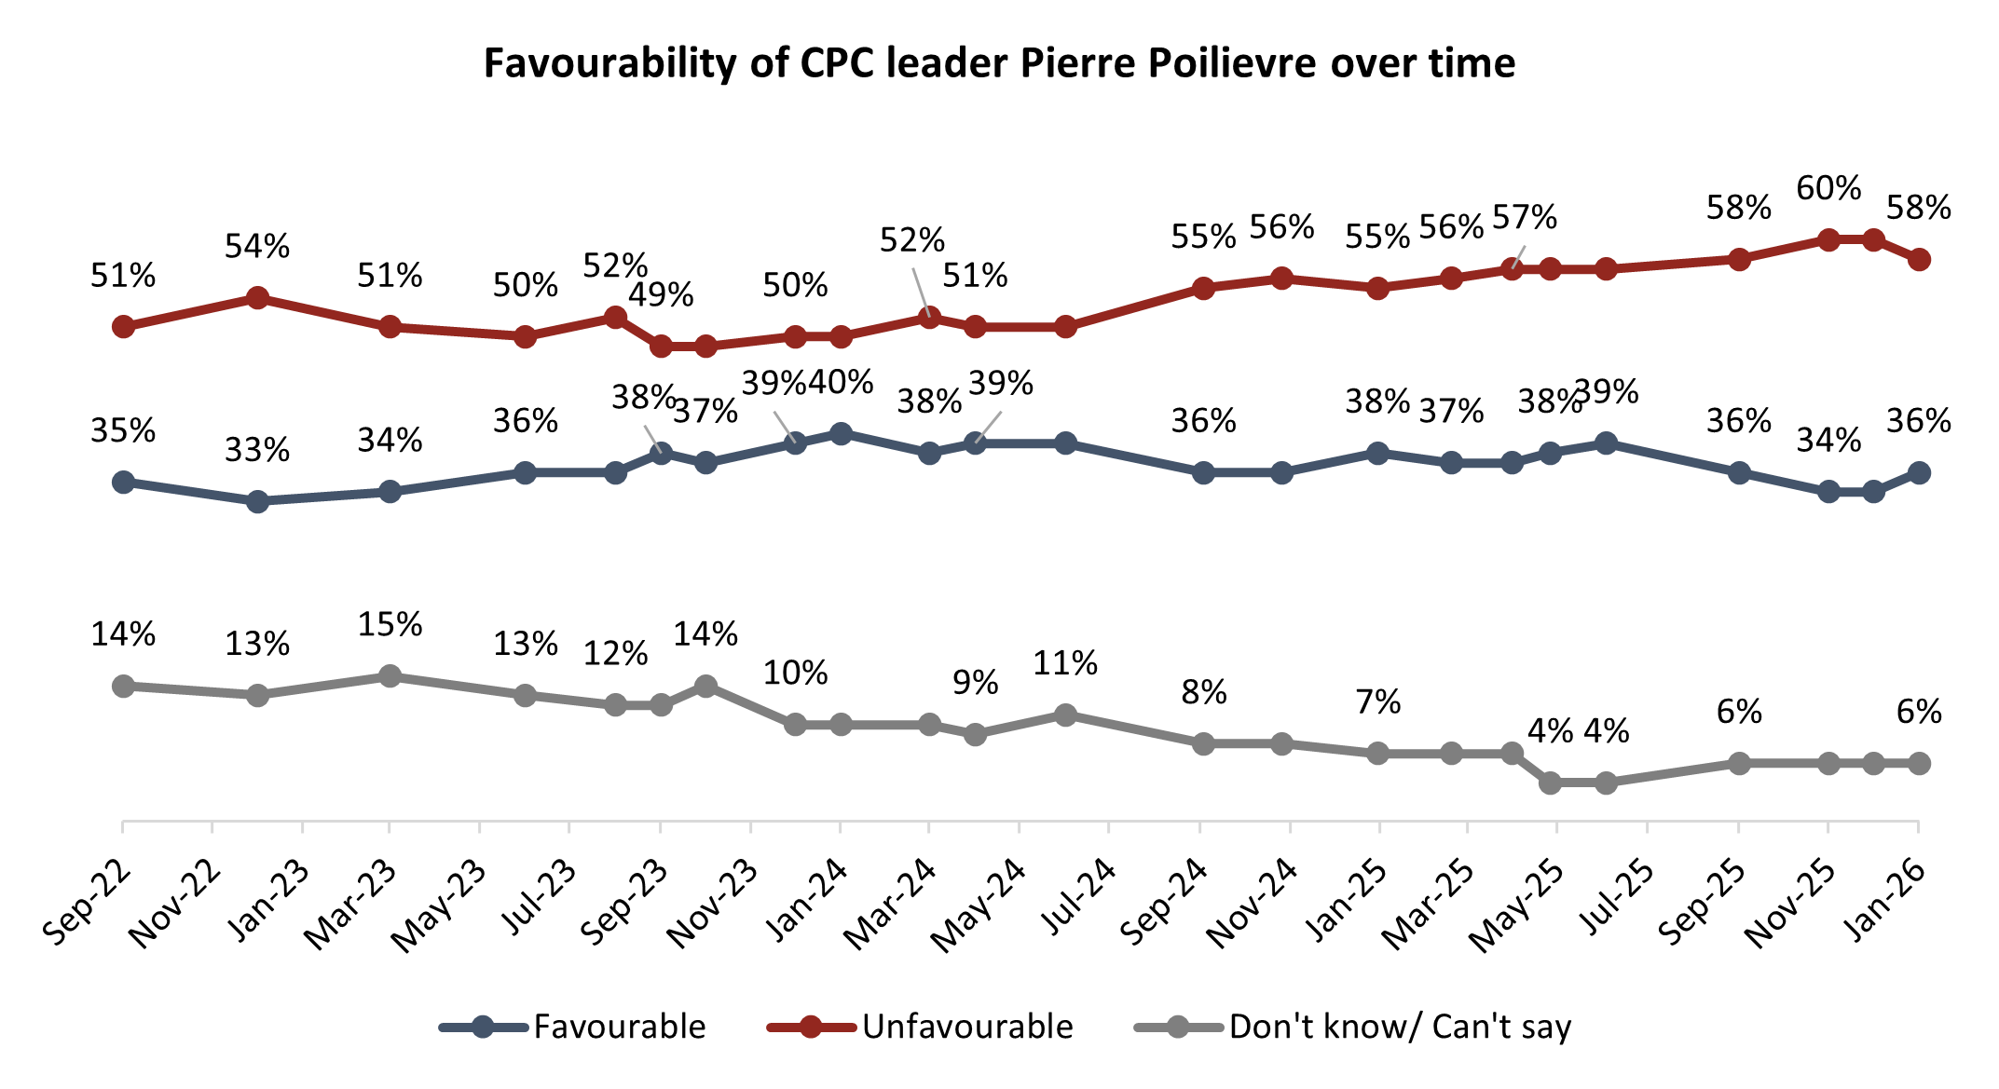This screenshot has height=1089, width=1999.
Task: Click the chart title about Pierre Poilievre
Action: (x=999, y=63)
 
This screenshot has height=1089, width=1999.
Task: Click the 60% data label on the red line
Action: (x=1828, y=188)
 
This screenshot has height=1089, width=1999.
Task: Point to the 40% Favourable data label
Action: (x=841, y=382)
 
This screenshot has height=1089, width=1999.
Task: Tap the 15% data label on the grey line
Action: (x=390, y=624)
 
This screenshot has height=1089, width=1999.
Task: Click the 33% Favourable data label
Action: (x=257, y=450)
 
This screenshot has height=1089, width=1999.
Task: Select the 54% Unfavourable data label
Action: (x=257, y=246)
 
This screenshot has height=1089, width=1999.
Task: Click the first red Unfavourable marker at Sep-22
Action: (x=123, y=327)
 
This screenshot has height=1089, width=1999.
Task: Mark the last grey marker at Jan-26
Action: (x=1919, y=763)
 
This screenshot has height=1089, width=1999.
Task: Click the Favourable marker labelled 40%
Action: (x=841, y=434)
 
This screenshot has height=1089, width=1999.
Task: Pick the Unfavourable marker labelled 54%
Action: (x=258, y=298)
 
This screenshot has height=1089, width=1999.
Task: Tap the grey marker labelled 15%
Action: (x=390, y=676)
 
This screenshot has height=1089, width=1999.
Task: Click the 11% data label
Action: (x=1065, y=663)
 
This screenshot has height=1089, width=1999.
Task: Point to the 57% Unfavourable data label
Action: (x=1525, y=217)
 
